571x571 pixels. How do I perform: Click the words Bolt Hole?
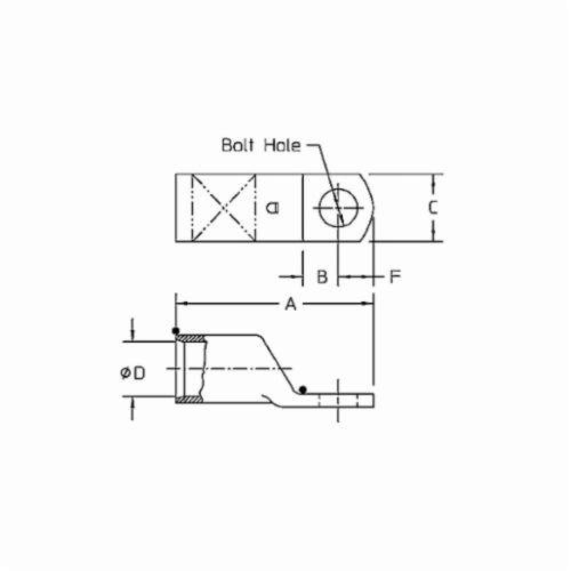[261, 145]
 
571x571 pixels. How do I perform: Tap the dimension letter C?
[433, 207]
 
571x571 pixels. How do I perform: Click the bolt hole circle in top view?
[339, 208]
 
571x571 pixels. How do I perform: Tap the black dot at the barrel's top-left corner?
[176, 331]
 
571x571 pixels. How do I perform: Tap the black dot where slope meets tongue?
[303, 390]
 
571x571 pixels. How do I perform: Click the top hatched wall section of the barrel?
[191, 339]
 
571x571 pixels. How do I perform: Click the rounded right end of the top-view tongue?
[372, 208]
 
